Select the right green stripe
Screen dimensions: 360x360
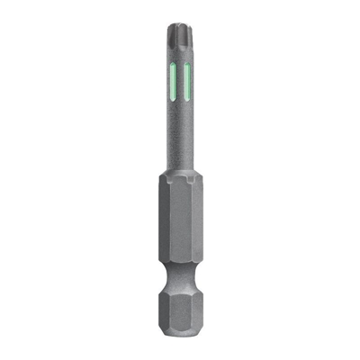pyautogui.click(x=188, y=82)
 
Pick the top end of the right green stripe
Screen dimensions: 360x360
pyautogui.click(x=188, y=66)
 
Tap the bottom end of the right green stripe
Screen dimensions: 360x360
pyautogui.click(x=188, y=99)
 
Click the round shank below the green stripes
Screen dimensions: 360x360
pyautogui.click(x=179, y=135)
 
